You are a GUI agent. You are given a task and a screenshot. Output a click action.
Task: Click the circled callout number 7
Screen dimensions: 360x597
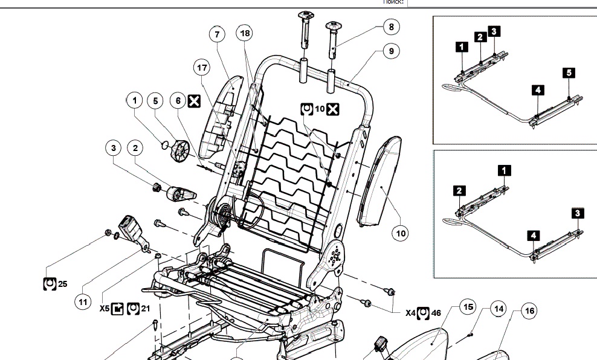point(216,34)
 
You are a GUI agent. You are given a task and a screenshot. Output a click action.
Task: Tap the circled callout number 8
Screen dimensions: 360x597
point(391,27)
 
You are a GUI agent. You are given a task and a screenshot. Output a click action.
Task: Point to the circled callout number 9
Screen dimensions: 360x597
point(391,51)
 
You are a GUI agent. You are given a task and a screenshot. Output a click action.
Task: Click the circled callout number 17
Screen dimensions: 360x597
point(202,68)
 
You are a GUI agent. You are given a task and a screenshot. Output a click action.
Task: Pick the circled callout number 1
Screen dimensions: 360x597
point(135,100)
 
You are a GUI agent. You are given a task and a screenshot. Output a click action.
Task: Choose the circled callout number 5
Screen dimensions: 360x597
point(155,100)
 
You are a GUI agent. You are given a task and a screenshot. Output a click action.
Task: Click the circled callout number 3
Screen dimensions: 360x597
point(112,147)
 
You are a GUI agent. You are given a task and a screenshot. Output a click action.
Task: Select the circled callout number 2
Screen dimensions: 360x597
point(135,147)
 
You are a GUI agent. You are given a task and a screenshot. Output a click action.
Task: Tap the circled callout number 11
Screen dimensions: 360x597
point(83,300)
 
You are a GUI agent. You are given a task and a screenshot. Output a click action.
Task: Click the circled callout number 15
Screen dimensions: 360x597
point(468,307)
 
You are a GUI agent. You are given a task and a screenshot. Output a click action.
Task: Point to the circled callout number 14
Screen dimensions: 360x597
point(498,309)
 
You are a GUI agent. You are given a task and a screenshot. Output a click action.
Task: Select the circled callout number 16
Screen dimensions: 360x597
point(529,311)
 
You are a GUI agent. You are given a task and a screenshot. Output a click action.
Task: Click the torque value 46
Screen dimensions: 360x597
point(436,313)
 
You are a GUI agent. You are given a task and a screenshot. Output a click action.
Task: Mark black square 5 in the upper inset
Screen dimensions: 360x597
point(568,73)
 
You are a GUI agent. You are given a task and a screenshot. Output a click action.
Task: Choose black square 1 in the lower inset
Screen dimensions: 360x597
point(503,170)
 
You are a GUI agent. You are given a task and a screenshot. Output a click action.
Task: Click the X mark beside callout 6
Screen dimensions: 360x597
point(194,100)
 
